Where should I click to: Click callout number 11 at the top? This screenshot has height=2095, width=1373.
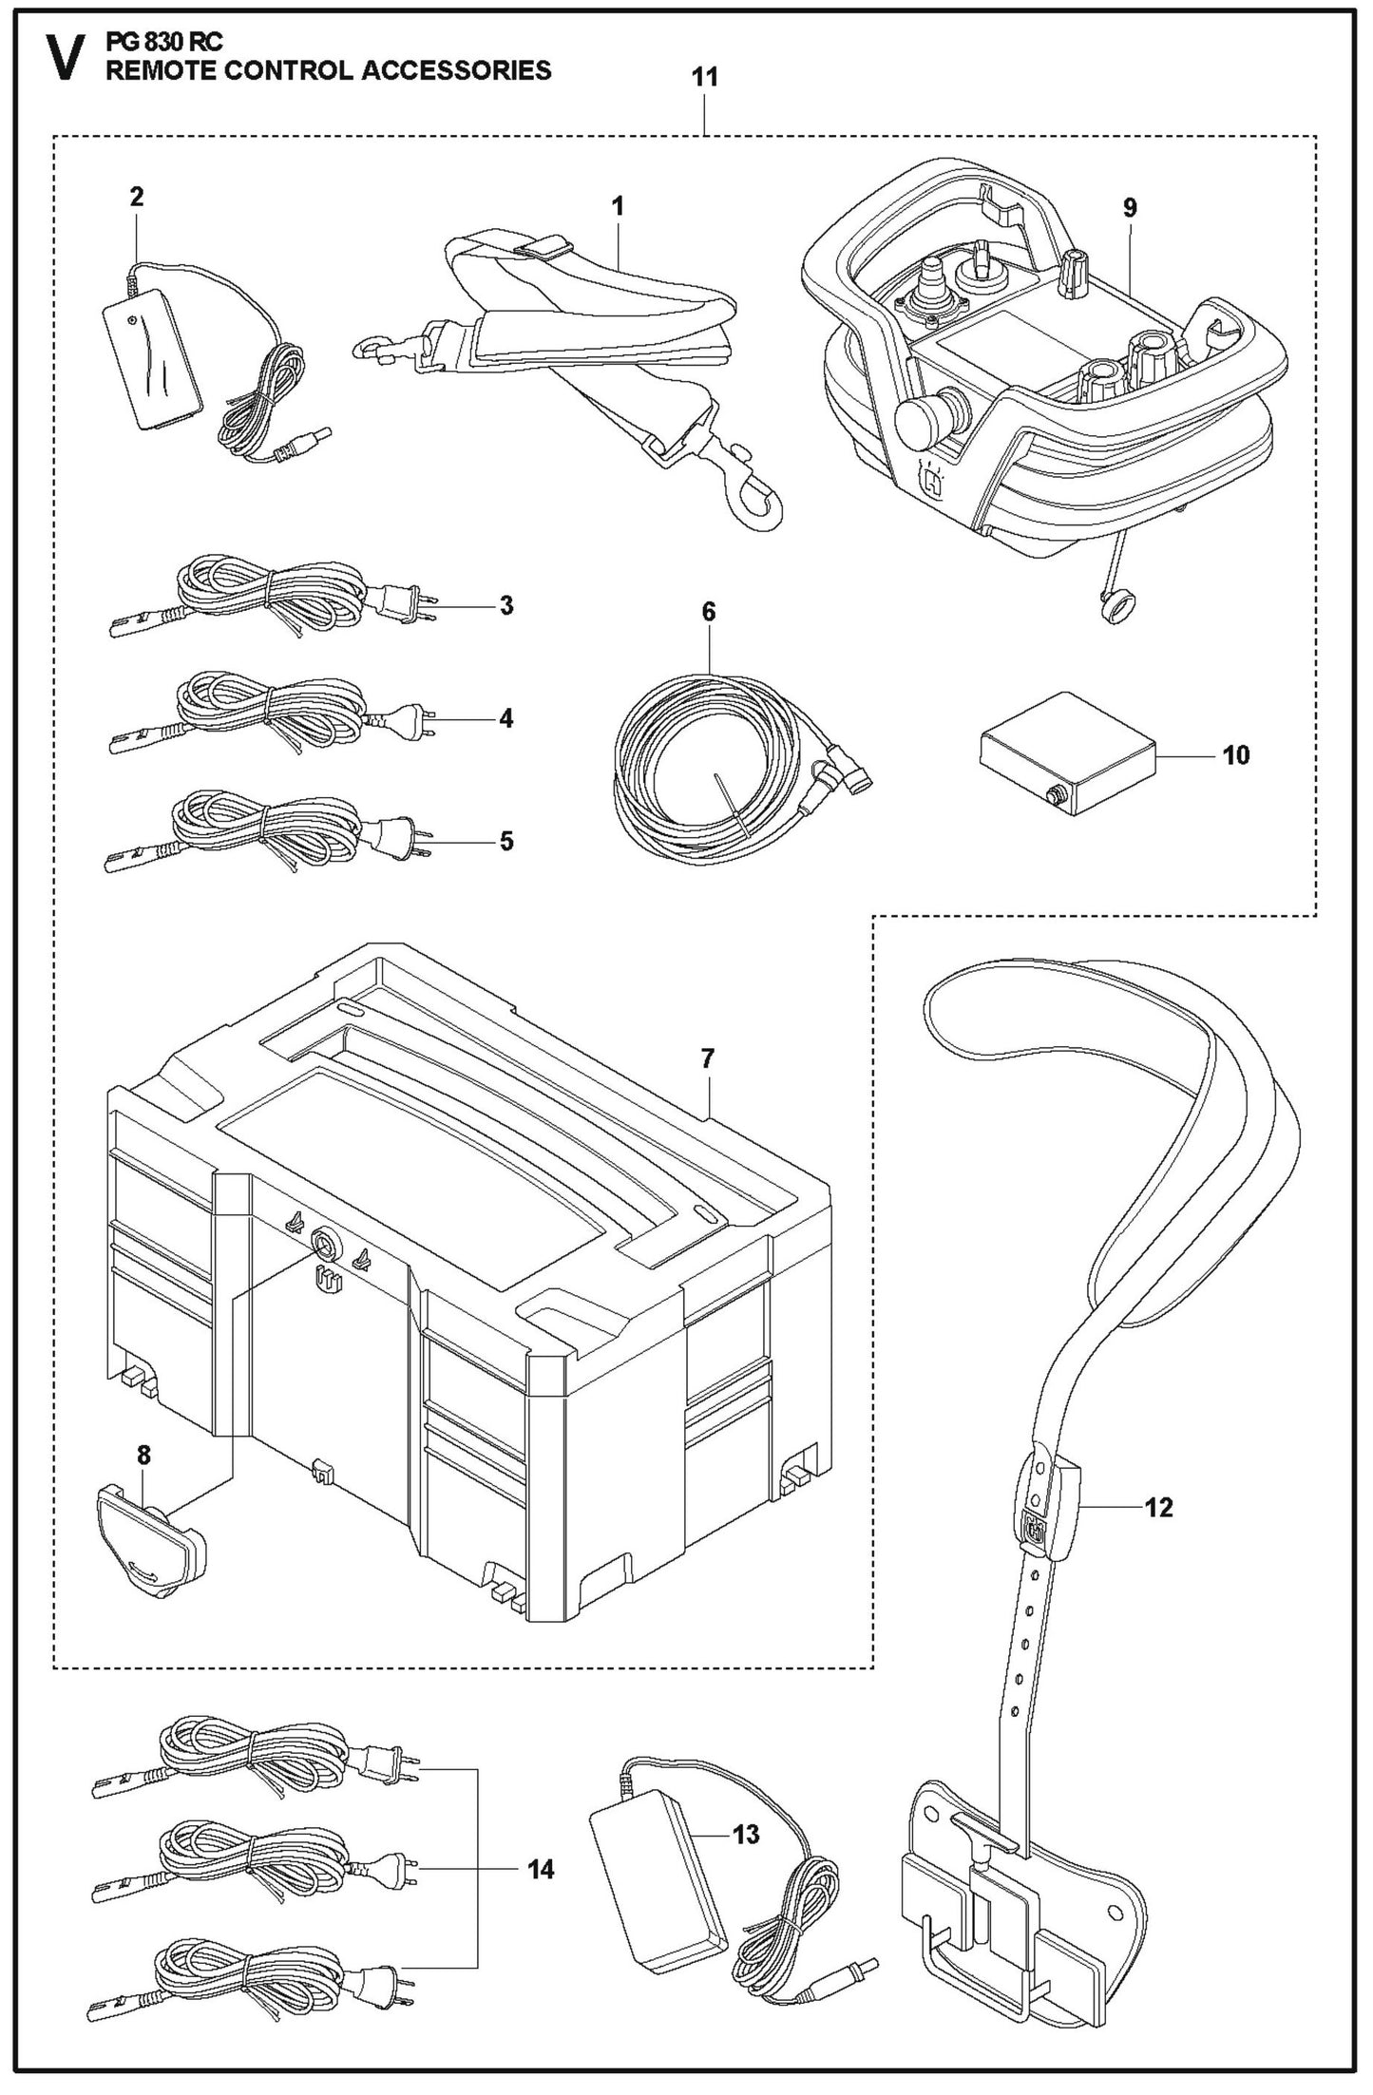click(704, 78)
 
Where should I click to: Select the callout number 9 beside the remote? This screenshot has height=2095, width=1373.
click(1129, 208)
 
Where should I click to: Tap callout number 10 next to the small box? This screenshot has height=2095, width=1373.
click(1235, 755)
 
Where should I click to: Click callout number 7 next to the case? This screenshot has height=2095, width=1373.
click(707, 1058)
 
